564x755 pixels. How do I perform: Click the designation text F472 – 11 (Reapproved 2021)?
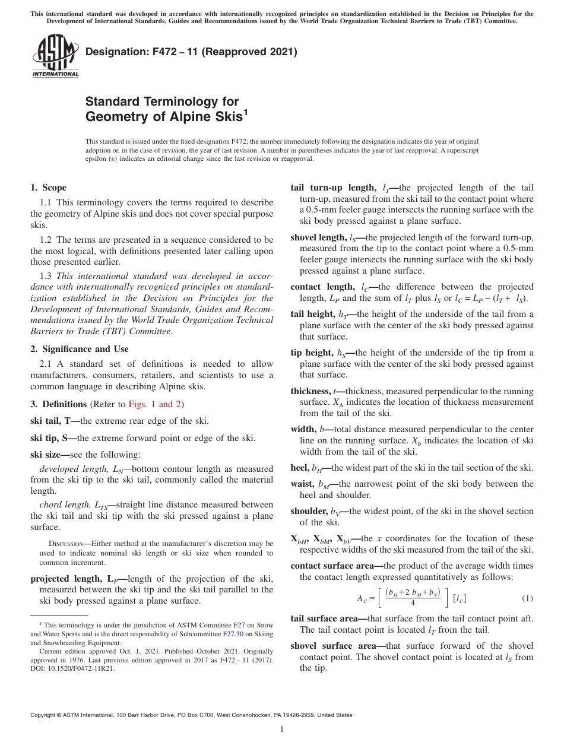tap(191, 52)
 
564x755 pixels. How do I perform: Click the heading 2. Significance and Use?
tap(79, 349)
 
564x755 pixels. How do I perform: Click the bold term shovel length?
tap(318, 237)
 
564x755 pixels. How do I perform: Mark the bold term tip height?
tap(311, 353)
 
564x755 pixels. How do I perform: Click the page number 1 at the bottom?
tap(282, 729)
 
